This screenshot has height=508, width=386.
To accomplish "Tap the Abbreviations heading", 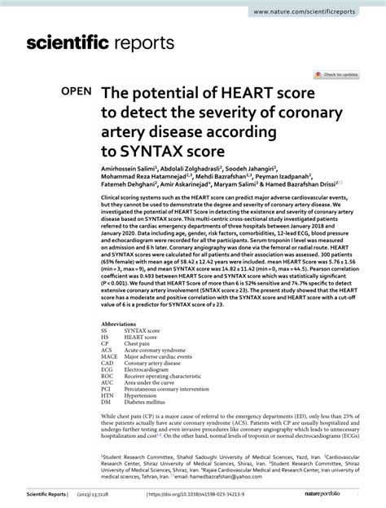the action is tap(121, 321).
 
